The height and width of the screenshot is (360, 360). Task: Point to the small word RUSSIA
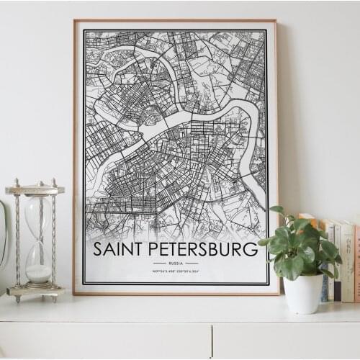pos(175,264)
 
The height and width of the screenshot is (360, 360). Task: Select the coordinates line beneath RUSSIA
pos(175,270)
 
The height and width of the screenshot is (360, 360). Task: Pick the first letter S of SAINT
pos(99,250)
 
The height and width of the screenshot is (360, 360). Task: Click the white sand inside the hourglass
pos(39,274)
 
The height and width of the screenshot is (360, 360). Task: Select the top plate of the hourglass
pos(35,190)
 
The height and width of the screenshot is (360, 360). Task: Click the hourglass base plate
pos(36,291)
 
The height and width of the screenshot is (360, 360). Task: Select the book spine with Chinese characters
pos(348,259)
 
